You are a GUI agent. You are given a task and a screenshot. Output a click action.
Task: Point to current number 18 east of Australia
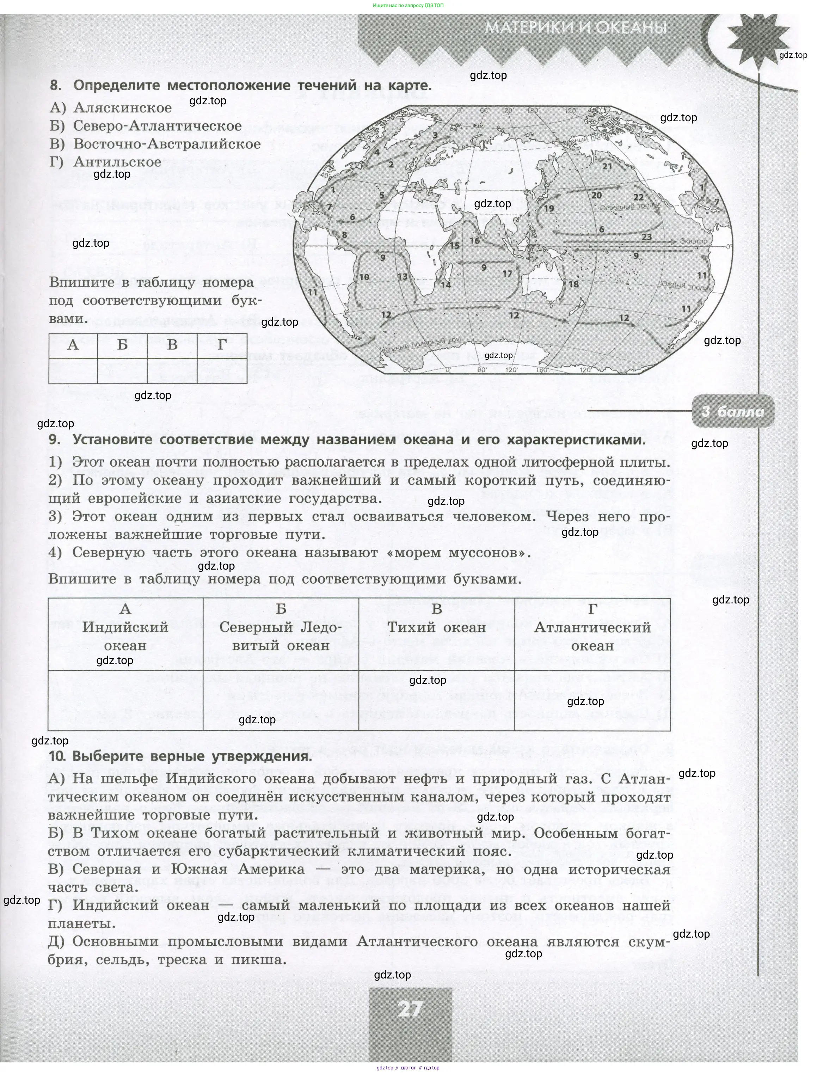(574, 284)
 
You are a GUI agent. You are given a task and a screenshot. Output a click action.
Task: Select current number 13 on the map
(402, 277)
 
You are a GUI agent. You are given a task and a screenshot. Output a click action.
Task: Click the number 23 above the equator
(646, 237)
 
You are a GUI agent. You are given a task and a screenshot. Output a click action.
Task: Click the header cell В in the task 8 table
(172, 345)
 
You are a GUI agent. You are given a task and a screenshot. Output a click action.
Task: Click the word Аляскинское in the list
(122, 108)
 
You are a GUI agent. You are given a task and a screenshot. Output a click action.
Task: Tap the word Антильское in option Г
(117, 162)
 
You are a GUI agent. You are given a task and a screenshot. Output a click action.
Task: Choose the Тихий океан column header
(436, 628)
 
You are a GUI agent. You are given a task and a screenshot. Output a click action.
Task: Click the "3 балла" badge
(732, 412)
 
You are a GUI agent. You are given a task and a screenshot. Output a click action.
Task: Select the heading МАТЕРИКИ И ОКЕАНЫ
(576, 28)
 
